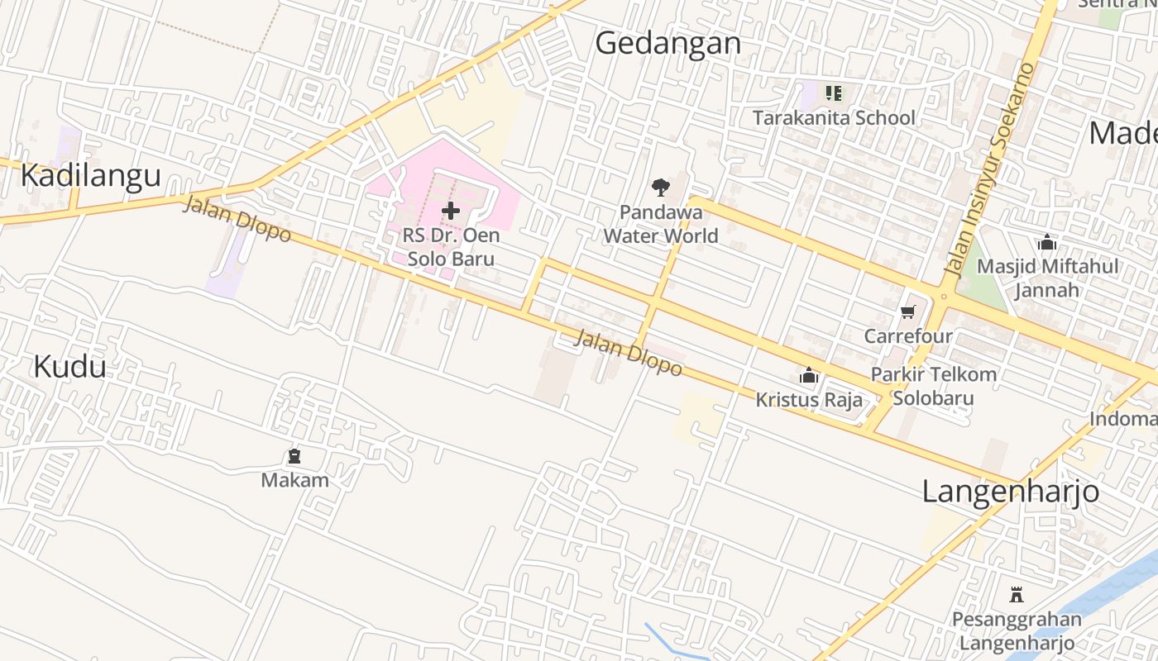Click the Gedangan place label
tap(668, 43)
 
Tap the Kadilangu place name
tap(90, 176)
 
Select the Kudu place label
tap(69, 366)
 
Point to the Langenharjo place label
tap(1010, 492)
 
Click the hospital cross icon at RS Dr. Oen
tap(451, 211)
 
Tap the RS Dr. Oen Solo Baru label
tap(451, 247)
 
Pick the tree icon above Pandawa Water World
tap(660, 188)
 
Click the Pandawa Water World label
tap(660, 224)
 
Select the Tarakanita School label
tap(834, 117)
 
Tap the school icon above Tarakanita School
tap(833, 93)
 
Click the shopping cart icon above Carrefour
tap(908, 311)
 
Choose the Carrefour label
tap(908, 336)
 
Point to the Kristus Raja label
tap(808, 401)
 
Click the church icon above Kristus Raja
tap(809, 377)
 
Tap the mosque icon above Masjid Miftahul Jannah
tap(1047, 243)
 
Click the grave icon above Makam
tap(294, 456)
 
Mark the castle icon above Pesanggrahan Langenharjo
tap(1017, 594)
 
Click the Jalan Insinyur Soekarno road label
tap(989, 169)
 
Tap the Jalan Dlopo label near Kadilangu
tap(237, 219)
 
